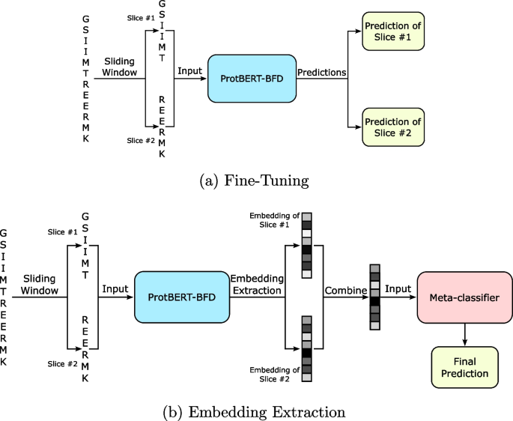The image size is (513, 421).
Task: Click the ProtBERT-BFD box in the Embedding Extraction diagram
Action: (180, 298)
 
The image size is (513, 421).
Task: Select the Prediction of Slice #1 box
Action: (392, 31)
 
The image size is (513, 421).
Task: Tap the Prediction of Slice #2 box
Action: (392, 127)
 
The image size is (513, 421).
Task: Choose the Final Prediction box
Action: (464, 367)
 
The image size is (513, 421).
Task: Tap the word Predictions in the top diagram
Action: (322, 73)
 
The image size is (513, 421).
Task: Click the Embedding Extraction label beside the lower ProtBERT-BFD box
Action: (255, 284)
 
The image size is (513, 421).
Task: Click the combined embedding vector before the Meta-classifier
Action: (374, 297)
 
